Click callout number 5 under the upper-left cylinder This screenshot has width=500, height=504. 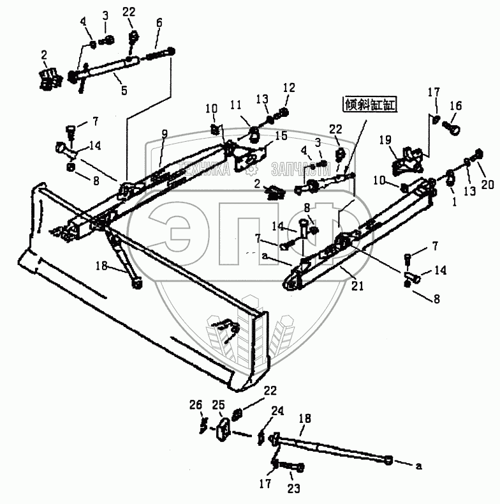[124, 91]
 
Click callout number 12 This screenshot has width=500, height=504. [290, 86]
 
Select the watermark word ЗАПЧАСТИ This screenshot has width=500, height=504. [294, 169]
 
